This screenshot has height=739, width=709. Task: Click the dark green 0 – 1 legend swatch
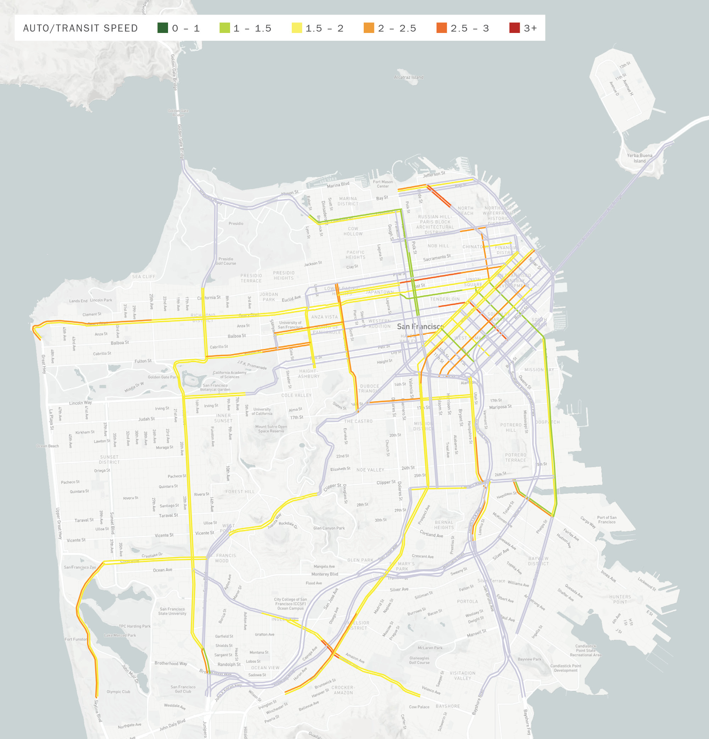[x=163, y=28]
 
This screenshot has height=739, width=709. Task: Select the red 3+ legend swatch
[x=514, y=28]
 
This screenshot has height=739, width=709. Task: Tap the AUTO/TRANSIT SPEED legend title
[x=80, y=28]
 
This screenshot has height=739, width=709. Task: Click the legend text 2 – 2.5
[x=397, y=28]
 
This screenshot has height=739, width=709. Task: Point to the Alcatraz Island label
[x=408, y=77]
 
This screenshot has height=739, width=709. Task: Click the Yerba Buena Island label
[x=639, y=158]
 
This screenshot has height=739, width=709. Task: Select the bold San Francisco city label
[x=420, y=326]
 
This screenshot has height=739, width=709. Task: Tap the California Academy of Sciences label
[x=229, y=374]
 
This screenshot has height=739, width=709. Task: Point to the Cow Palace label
[x=419, y=707]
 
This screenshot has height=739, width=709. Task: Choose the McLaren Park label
[x=430, y=648]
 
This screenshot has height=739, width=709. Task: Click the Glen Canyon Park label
[x=329, y=528]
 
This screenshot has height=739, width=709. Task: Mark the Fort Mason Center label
[x=383, y=184]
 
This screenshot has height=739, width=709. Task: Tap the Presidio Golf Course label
[x=225, y=261]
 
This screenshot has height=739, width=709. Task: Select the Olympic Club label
[x=118, y=692]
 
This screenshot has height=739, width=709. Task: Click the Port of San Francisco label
[x=607, y=520]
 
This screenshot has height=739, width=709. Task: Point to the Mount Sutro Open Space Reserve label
[x=271, y=429]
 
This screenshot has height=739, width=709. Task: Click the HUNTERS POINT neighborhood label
[x=620, y=599]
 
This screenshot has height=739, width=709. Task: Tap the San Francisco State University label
[x=172, y=611]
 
